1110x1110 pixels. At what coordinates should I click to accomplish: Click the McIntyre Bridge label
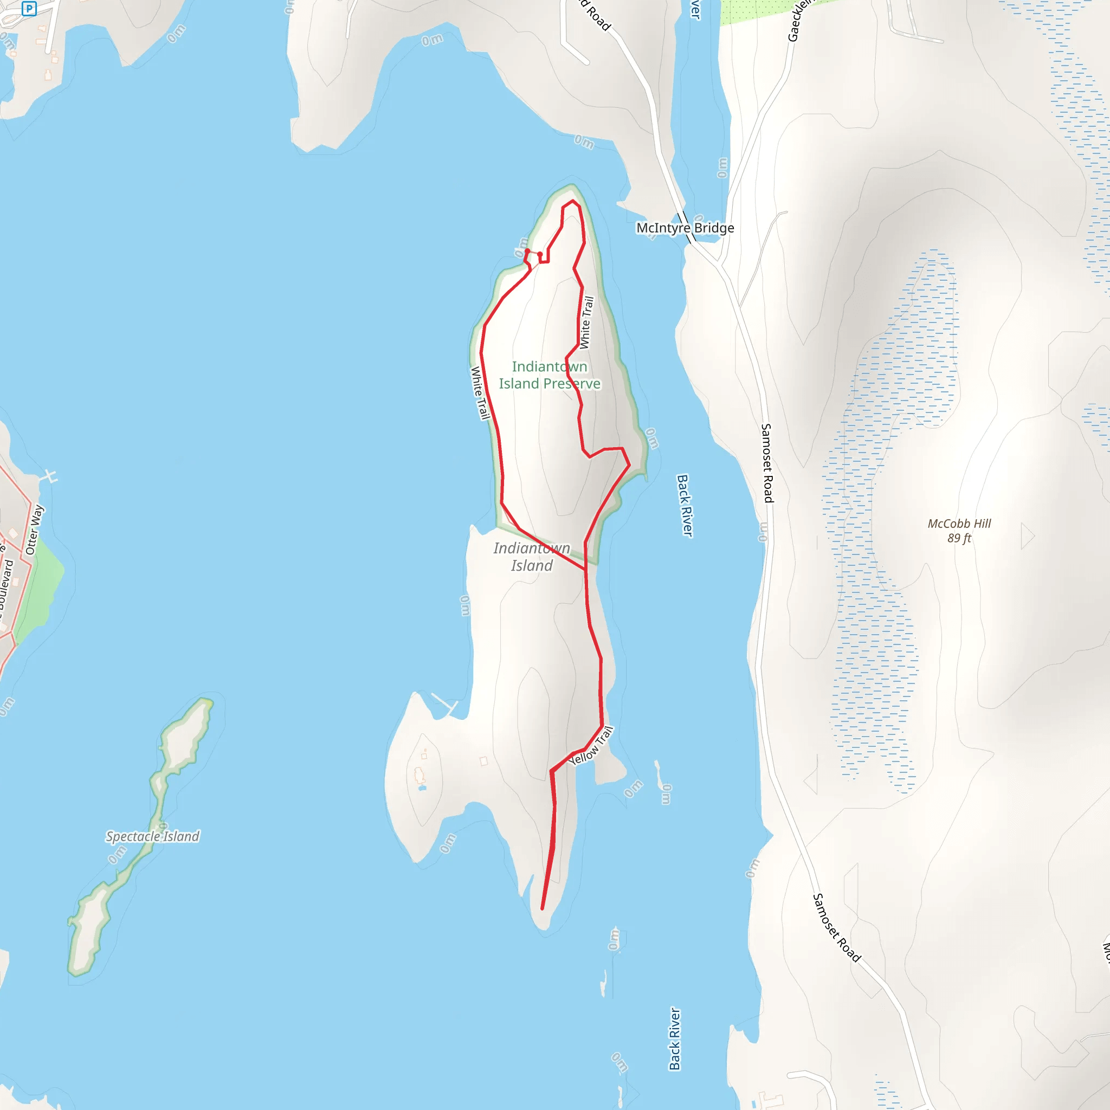point(685,228)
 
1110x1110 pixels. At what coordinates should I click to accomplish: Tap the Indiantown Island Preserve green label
point(549,375)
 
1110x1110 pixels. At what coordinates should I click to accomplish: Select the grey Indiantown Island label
point(532,557)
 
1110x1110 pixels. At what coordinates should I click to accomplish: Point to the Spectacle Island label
point(152,836)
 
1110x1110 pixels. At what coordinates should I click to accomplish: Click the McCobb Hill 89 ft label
point(959,530)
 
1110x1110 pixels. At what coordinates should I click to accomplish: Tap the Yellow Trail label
point(592,746)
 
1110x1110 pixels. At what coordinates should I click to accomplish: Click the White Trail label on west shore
point(480,393)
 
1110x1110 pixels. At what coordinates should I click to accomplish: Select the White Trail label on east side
point(586,322)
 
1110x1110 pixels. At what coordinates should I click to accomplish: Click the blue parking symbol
point(29,9)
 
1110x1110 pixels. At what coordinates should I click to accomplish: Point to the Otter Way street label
point(35,530)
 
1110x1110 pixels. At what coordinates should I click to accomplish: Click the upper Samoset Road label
point(767,463)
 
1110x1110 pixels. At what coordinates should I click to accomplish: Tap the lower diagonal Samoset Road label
point(836,928)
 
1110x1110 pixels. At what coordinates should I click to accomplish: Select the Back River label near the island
point(685,506)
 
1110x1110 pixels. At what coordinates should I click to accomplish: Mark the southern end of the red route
point(543,909)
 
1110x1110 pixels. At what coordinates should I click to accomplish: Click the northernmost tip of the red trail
point(572,201)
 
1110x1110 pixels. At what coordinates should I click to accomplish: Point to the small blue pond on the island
point(422,788)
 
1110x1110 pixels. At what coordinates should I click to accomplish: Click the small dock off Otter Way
point(50,476)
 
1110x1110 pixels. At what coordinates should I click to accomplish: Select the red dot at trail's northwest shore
point(527,251)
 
